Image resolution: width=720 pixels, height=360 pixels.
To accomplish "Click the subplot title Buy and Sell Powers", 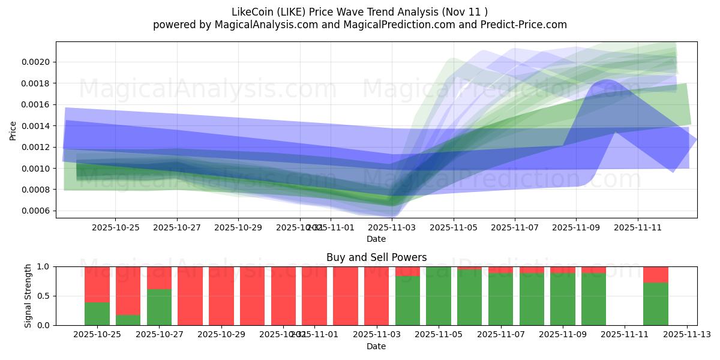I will point(376,257).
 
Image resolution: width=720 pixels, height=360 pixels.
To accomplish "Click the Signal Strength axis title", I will point(28,296).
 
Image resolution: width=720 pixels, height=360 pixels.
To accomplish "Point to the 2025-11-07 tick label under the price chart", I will point(515,228).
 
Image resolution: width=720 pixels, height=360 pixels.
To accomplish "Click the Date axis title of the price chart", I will point(376,239).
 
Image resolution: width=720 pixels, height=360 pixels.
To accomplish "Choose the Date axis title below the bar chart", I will point(376,346).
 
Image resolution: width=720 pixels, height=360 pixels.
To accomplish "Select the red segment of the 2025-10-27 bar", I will point(159,277).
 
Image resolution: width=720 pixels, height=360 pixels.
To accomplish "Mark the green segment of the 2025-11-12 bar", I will point(656,304).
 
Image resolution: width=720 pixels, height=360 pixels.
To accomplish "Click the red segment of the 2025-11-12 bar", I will point(656,274).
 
